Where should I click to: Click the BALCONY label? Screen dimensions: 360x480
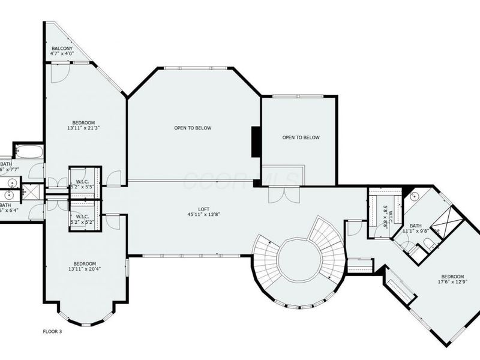(62, 48)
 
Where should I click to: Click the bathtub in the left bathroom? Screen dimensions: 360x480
(28, 151)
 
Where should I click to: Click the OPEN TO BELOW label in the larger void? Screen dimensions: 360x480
(193, 128)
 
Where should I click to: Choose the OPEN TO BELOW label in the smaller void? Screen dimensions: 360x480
(301, 137)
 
